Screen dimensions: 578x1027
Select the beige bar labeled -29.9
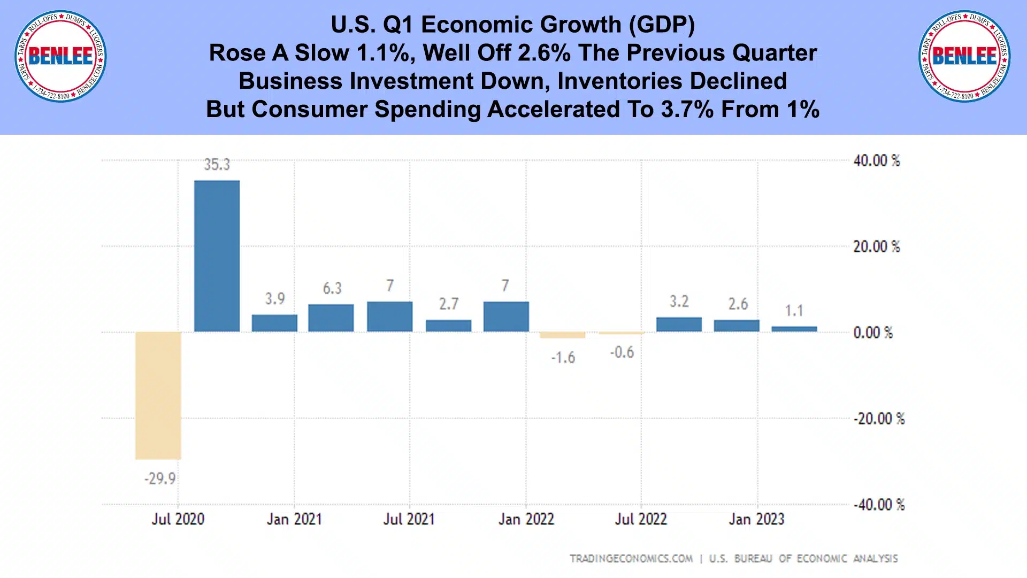158,395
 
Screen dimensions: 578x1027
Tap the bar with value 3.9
274,323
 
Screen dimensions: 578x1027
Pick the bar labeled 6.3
331,318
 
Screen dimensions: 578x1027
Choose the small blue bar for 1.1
794,329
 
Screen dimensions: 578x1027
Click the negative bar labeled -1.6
562,335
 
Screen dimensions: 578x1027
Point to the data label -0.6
622,352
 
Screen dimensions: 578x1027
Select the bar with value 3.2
679,324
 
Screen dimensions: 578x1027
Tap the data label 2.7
449,304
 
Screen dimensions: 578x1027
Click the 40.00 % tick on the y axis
876,160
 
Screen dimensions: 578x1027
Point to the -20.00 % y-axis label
878,419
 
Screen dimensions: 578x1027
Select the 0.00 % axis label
873,333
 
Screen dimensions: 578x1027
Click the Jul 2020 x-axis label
178,519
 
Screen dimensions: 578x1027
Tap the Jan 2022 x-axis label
526,519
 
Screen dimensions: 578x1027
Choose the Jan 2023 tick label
756,519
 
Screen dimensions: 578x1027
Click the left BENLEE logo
60,56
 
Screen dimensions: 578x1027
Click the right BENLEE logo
964,56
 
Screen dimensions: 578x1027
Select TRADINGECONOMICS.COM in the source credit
631,559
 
